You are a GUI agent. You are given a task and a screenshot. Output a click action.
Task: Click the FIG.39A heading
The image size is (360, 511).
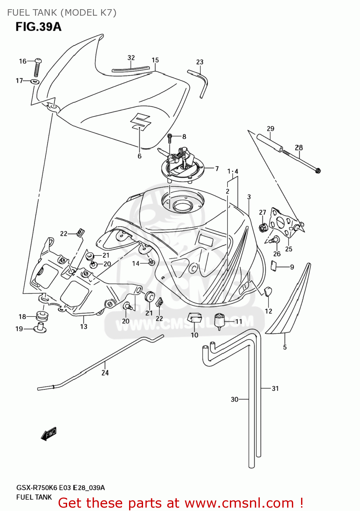click(x=38, y=27)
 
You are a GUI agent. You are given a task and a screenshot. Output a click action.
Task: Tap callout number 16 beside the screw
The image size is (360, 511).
click(x=22, y=61)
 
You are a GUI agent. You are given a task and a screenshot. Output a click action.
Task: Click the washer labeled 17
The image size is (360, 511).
click(x=35, y=81)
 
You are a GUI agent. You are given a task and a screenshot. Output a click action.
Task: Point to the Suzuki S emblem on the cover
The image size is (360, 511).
click(x=141, y=121)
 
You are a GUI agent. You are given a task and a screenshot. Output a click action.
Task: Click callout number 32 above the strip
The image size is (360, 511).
click(x=131, y=58)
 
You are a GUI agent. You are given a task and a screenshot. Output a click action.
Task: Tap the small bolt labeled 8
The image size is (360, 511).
click(x=170, y=138)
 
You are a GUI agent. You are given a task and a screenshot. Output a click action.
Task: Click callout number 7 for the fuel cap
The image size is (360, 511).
click(x=217, y=169)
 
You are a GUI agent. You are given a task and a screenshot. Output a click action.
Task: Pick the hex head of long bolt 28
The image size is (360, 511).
click(x=318, y=170)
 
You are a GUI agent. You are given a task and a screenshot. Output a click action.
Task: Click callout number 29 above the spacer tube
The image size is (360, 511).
click(x=270, y=129)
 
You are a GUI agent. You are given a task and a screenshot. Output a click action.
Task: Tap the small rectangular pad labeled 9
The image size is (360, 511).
click(x=273, y=266)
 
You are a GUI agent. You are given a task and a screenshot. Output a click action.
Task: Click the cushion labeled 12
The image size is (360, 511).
click(x=267, y=291)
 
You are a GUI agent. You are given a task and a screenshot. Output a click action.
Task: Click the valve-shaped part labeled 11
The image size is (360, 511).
click(x=220, y=321)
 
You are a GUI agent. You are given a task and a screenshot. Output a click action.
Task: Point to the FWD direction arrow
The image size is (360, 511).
click(x=48, y=434)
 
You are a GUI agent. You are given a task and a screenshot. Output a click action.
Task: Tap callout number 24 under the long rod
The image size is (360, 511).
click(x=105, y=373)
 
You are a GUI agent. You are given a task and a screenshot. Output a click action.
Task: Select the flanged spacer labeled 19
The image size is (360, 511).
click(x=40, y=329)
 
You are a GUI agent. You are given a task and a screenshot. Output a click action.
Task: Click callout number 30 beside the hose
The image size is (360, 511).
click(x=234, y=399)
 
